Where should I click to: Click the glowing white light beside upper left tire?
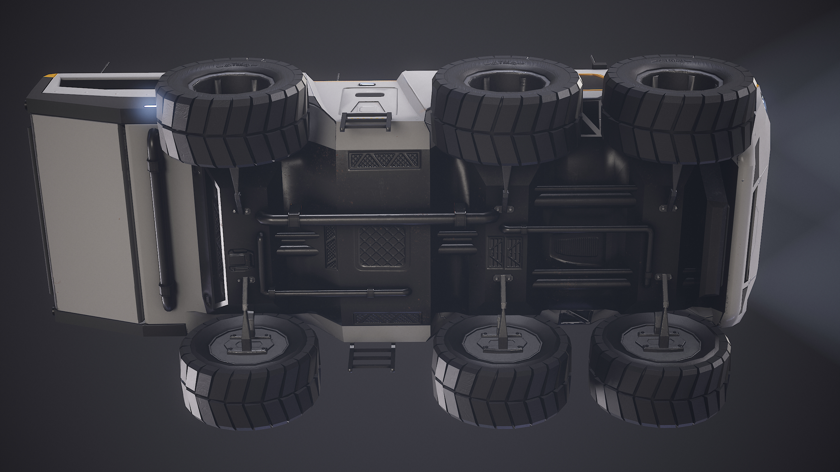150,106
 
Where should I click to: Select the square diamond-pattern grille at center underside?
382,248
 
